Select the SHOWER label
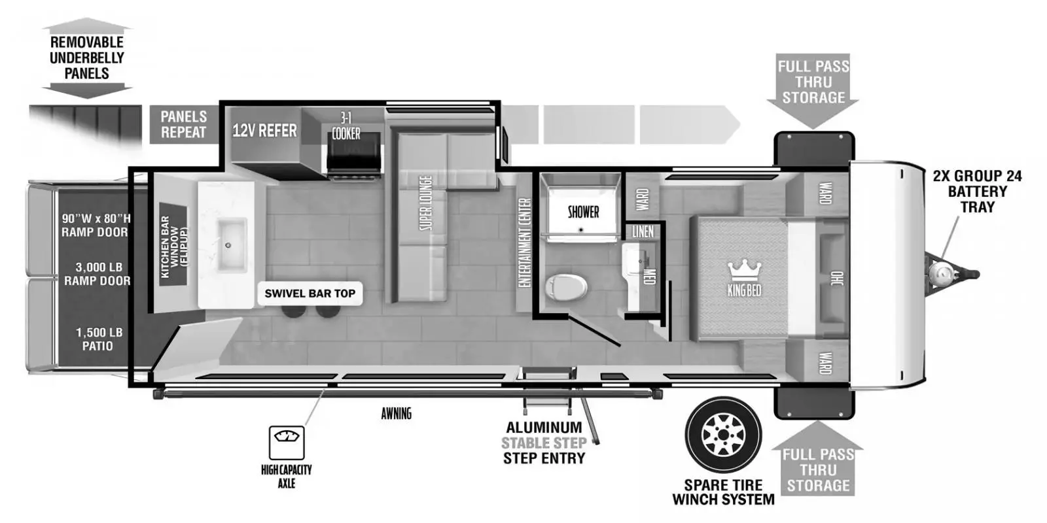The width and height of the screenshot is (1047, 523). pos(583,212)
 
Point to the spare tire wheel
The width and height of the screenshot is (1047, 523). pos(723,435)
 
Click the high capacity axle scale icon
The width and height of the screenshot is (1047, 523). pos(287,443)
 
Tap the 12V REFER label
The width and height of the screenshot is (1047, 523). pos(264,131)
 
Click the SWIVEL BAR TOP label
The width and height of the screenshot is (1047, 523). pos(310,294)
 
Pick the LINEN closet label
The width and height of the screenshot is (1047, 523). pos(643,231)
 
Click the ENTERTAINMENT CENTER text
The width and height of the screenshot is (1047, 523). pos(524,242)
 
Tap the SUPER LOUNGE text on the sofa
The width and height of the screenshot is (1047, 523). pos(425,203)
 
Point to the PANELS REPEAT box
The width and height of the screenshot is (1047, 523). pos(183,124)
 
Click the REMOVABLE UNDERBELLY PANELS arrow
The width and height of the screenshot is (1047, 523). pos(86,58)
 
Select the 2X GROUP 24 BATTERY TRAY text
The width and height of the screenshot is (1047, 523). pos(977,191)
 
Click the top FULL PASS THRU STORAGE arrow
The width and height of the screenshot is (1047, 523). pos(813,85)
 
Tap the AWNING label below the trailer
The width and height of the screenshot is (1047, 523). pos(396,413)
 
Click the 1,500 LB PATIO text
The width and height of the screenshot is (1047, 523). pos(98,339)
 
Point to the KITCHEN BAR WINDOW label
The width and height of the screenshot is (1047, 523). pos(173,247)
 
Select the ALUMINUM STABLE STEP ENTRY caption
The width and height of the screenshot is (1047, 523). pos(544,443)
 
